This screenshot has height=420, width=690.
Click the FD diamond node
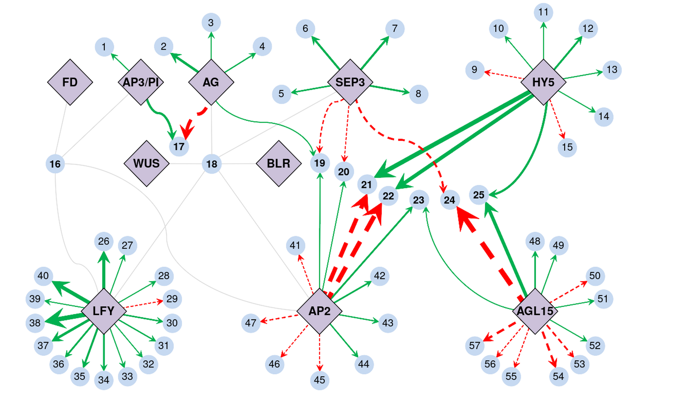(x=70, y=82)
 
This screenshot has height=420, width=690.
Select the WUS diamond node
(x=146, y=164)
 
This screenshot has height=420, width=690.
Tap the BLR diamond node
(x=279, y=164)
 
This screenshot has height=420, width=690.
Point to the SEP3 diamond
(x=350, y=82)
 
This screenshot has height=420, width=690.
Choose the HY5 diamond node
(x=543, y=82)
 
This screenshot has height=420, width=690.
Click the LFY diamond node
(x=103, y=311)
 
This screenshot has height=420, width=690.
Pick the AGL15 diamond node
(x=535, y=311)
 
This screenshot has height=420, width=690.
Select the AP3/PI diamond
(x=141, y=82)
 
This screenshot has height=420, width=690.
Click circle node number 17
(x=179, y=147)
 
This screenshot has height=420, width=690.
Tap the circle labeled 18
(x=212, y=164)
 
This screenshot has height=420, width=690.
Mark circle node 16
(x=55, y=164)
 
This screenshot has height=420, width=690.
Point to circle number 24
(x=450, y=200)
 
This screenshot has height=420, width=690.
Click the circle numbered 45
(x=319, y=380)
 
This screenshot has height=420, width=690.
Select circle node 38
(x=35, y=323)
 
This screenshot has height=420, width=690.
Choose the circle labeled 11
(x=543, y=12)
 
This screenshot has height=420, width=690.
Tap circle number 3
(x=211, y=22)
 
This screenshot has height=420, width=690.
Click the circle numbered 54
(x=558, y=376)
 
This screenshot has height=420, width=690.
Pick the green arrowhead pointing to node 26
(x=103, y=257)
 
